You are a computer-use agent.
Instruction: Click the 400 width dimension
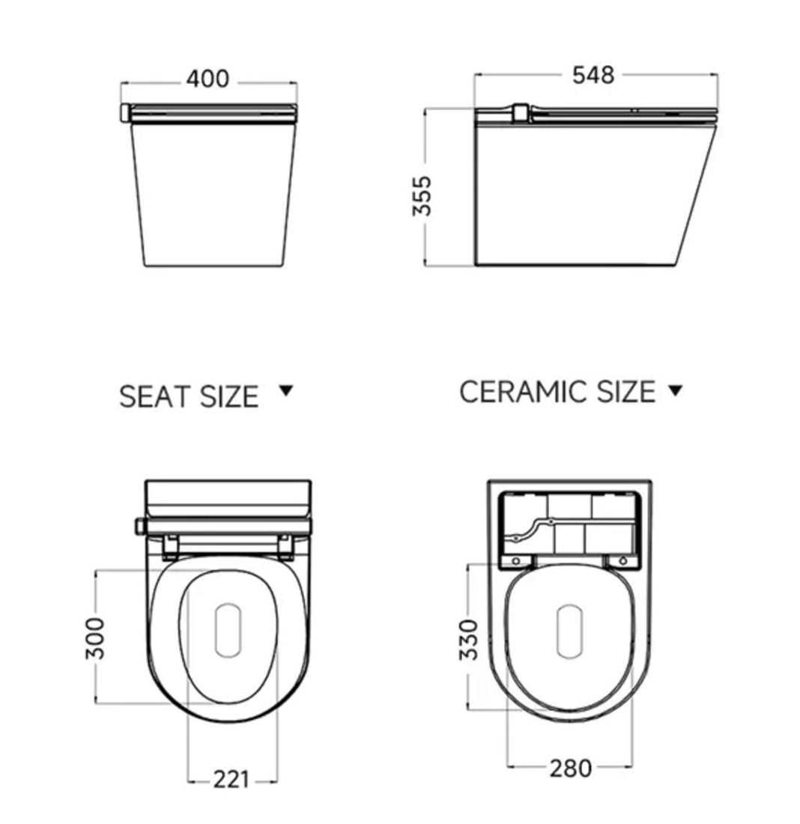pyautogui.click(x=208, y=79)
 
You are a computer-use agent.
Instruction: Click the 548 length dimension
pyautogui.click(x=593, y=75)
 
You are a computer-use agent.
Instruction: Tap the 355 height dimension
pyautogui.click(x=422, y=196)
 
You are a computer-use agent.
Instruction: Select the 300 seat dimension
pyautogui.click(x=95, y=638)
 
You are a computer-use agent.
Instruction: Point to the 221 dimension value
pyautogui.click(x=231, y=779)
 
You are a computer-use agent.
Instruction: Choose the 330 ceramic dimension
pyautogui.click(x=469, y=640)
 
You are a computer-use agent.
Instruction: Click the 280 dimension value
pyautogui.click(x=571, y=769)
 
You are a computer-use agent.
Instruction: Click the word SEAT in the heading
pyautogui.click(x=152, y=397)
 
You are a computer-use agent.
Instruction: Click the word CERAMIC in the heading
pyautogui.click(x=526, y=392)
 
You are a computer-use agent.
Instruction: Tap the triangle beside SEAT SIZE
pyautogui.click(x=286, y=390)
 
